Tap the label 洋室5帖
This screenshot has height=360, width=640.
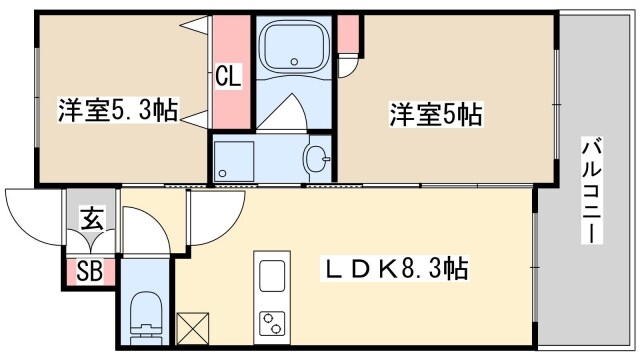point(437,115)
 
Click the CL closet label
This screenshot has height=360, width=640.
point(228,77)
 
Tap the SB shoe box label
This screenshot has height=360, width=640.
point(89,271)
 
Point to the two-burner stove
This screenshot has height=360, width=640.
point(271,322)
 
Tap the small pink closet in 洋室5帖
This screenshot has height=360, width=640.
point(347,34)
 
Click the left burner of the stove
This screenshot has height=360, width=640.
point(266,322)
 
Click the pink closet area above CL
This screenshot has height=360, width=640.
point(228,40)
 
